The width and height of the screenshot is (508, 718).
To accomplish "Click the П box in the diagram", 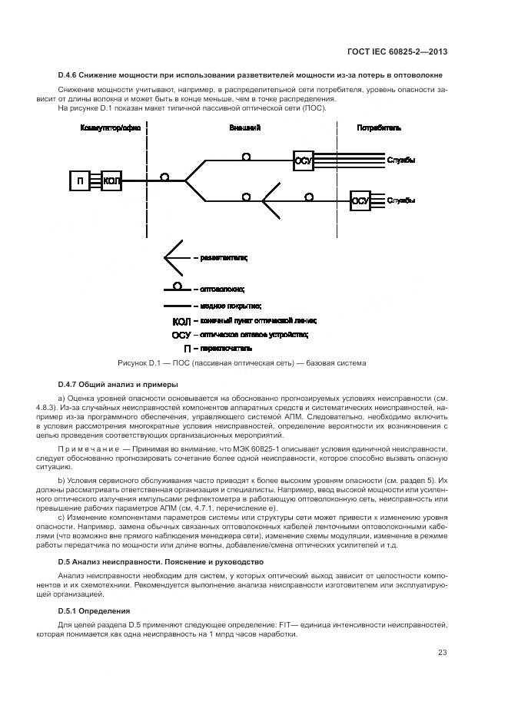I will [x=81, y=181].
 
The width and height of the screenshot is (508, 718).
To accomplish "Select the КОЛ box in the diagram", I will [x=111, y=181].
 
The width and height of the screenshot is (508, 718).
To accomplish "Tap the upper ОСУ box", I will [x=304, y=161].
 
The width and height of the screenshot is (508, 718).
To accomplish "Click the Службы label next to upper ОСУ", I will [x=402, y=160].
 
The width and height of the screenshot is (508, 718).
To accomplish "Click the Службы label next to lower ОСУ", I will [x=402, y=200].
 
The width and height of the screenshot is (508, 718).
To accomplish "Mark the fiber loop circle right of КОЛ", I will [x=164, y=177].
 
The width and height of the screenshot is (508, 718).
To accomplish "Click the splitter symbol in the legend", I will [x=174, y=258].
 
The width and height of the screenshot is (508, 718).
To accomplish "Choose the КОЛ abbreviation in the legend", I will [x=181, y=321].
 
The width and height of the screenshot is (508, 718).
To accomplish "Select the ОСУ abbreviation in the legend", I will [x=181, y=335].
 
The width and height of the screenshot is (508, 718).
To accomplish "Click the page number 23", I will [x=443, y=653].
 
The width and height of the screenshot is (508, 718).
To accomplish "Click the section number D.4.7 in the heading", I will [x=70, y=384].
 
